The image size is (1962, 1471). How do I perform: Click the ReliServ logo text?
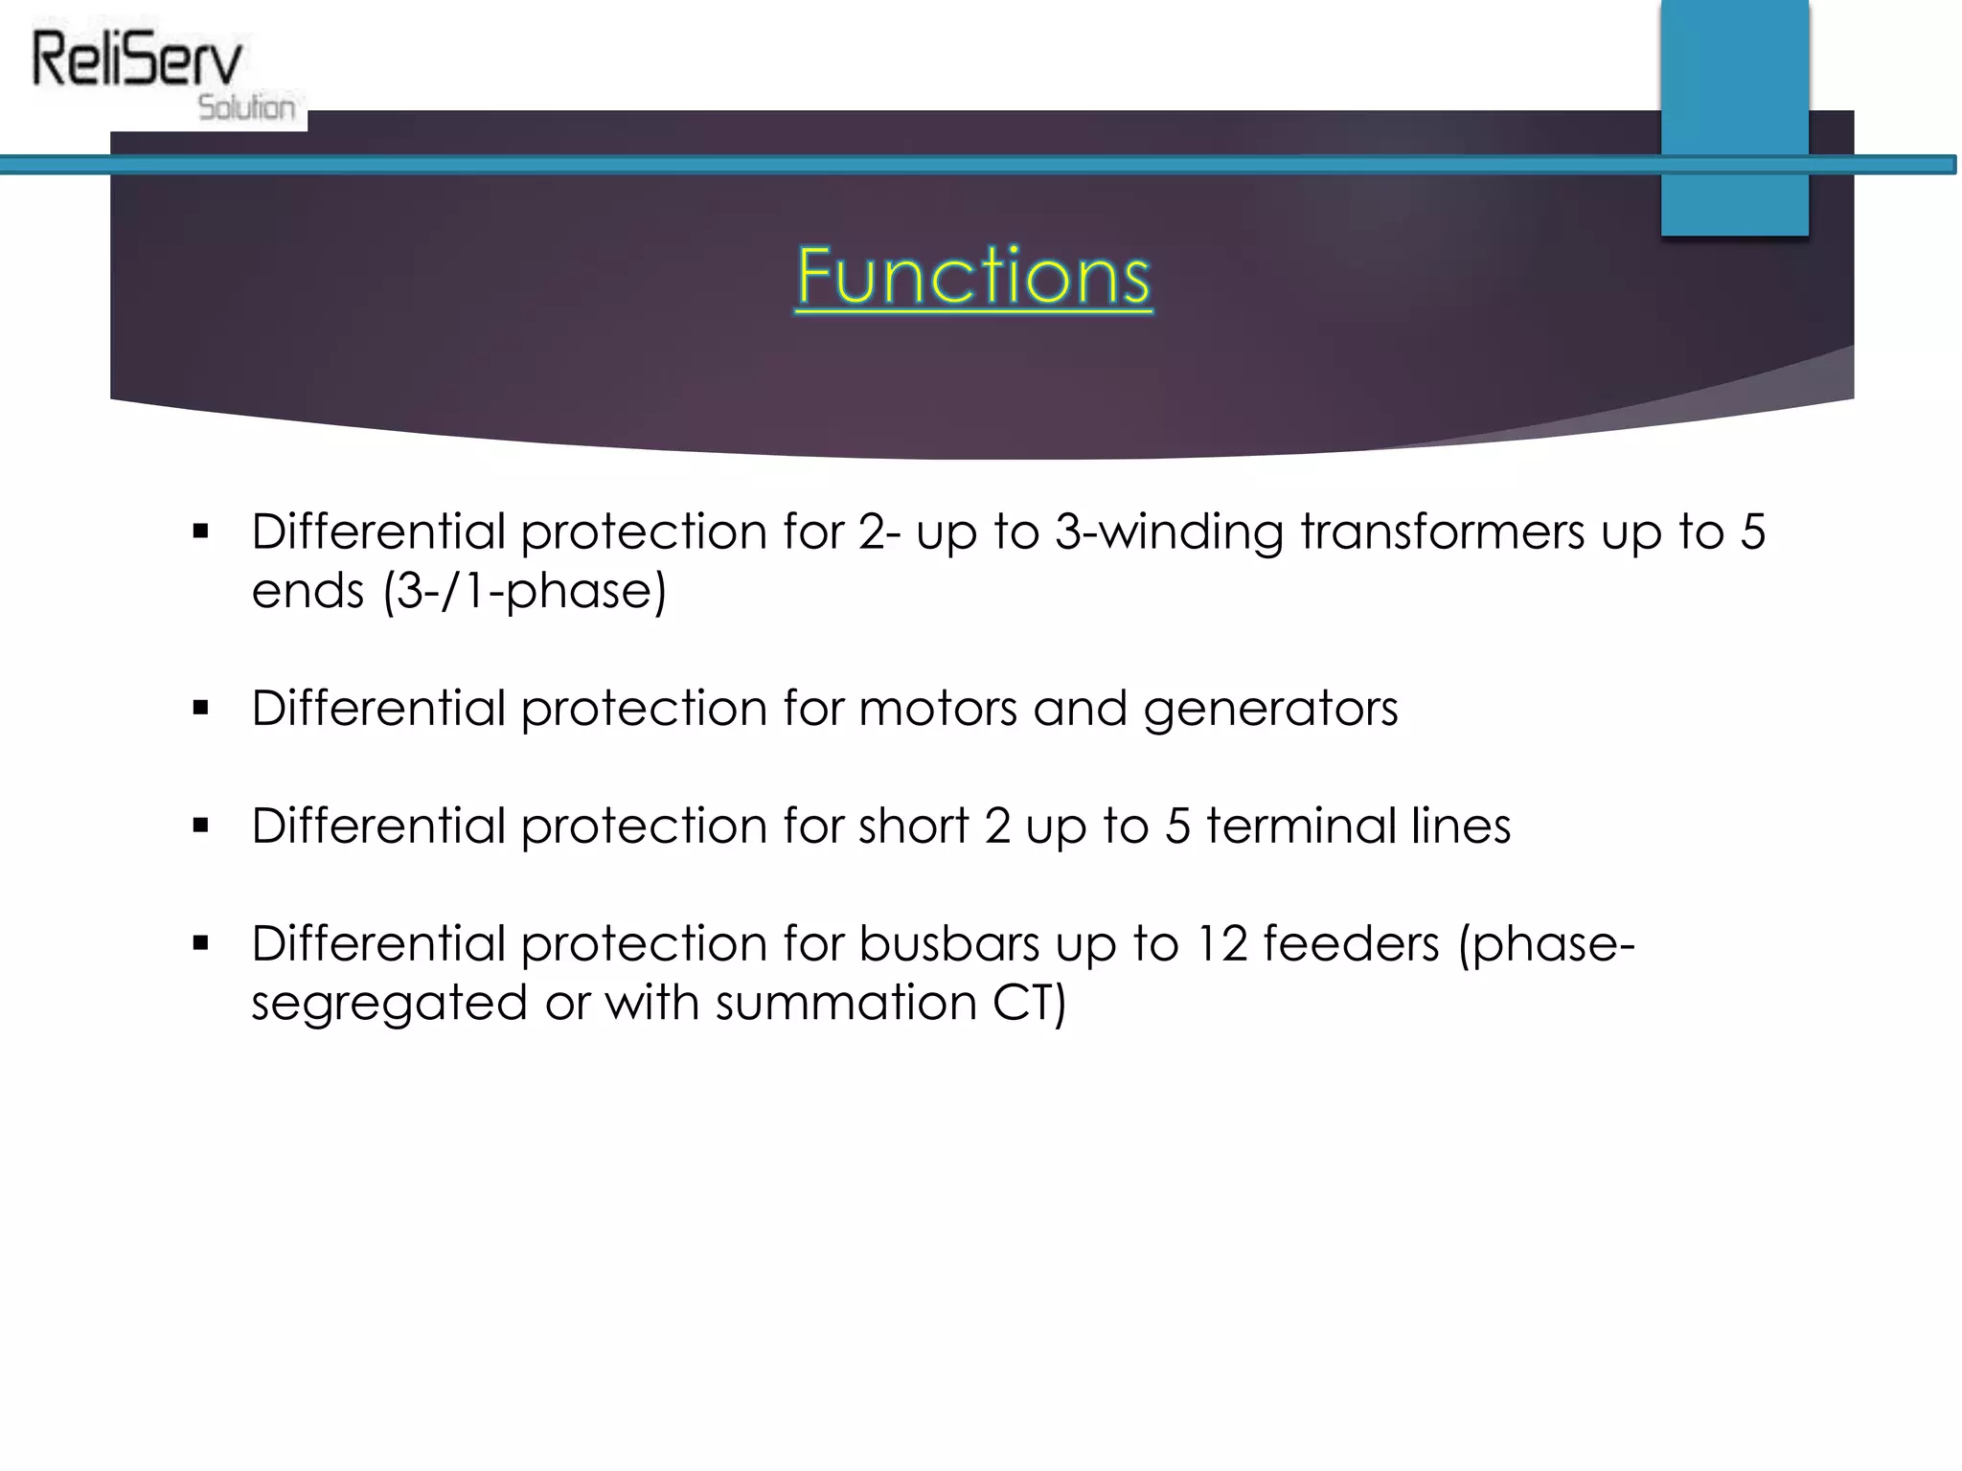click(137, 59)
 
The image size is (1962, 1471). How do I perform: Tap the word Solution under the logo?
click(247, 107)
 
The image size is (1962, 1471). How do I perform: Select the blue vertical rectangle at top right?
click(1734, 115)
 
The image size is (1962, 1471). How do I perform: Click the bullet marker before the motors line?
click(200, 709)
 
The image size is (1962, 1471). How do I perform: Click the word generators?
click(1270, 710)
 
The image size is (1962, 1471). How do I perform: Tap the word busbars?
click(948, 944)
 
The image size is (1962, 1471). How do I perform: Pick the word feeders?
click(1351, 944)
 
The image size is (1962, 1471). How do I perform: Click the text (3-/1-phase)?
click(524, 591)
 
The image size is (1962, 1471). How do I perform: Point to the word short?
click(913, 826)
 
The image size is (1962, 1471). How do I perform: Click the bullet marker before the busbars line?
click(200, 944)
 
